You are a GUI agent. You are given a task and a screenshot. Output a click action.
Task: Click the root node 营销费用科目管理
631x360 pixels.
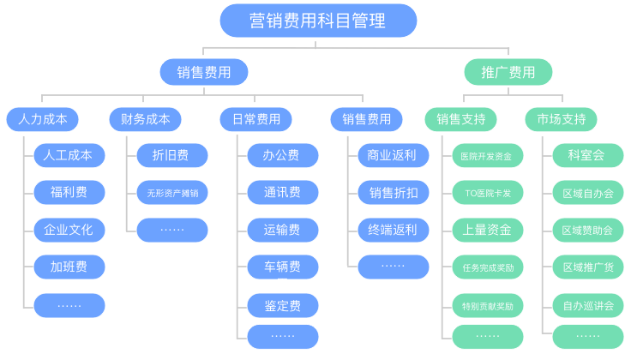click(318, 21)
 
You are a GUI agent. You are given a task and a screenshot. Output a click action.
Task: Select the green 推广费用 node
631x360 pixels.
click(508, 72)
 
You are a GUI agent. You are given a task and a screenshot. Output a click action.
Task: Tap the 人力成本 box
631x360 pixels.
click(42, 118)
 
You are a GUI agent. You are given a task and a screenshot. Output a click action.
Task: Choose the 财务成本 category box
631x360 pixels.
click(145, 118)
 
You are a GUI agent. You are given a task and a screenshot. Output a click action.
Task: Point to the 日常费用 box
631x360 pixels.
click(255, 118)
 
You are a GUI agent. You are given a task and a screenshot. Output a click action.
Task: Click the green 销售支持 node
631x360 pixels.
click(460, 118)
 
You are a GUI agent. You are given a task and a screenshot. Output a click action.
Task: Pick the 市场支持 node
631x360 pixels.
click(561, 118)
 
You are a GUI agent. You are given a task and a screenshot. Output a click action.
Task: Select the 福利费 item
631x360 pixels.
click(69, 192)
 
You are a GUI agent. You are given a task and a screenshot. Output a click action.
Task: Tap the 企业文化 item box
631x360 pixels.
click(69, 230)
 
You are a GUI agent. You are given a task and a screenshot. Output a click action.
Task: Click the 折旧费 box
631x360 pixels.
click(171, 155)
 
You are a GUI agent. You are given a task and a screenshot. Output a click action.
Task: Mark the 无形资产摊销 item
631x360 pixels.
click(171, 192)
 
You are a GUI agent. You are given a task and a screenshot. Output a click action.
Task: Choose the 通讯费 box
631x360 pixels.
click(283, 192)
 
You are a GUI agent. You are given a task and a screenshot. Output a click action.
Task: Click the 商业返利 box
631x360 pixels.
click(393, 155)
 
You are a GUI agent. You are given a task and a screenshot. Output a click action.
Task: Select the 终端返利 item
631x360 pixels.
click(393, 230)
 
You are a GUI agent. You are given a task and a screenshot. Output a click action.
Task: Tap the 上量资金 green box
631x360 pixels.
click(487, 230)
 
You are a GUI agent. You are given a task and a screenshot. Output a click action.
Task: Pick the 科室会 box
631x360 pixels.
click(587, 155)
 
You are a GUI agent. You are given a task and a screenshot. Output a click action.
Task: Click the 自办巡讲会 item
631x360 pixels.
click(587, 304)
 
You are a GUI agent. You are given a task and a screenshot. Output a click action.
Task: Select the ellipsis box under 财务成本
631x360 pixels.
click(171, 230)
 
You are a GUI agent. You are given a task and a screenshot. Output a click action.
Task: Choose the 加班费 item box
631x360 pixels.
click(69, 267)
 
